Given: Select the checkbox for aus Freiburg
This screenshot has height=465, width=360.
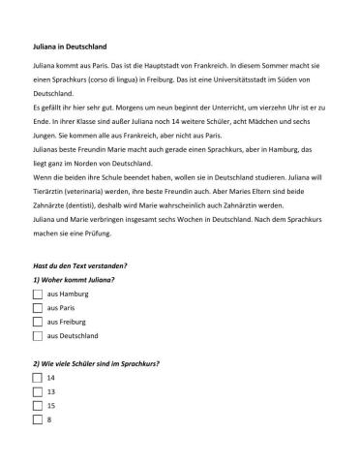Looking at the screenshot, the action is coord(38,321).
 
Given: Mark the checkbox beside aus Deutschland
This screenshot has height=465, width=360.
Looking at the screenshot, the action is coord(38,335).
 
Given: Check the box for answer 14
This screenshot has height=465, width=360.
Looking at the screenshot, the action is coord(38,377).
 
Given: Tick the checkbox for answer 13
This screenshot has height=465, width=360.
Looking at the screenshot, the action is coord(38,391).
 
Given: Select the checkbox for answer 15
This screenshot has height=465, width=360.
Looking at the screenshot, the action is coord(38,406).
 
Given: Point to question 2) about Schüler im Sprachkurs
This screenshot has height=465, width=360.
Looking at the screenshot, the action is coord(96,362).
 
